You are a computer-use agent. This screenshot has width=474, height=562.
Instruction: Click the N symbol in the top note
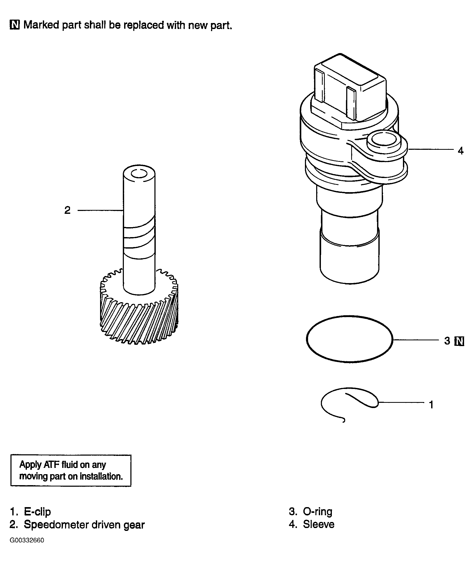click(x=15, y=25)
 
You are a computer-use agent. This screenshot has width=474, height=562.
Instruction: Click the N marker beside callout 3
click(x=459, y=341)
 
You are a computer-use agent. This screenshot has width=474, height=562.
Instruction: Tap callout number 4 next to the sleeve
click(x=461, y=151)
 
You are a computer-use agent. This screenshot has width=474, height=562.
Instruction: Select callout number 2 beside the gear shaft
click(x=67, y=210)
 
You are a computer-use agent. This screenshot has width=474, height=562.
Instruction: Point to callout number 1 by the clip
click(x=431, y=404)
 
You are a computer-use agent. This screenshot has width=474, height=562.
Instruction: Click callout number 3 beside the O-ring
click(x=447, y=341)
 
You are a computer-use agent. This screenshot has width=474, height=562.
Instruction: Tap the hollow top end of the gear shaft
click(x=139, y=174)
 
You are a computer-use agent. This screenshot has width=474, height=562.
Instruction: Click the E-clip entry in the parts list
click(x=30, y=512)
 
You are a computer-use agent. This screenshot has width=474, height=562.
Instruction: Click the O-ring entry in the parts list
click(x=311, y=511)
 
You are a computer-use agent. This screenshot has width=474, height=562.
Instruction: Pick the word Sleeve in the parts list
click(x=319, y=524)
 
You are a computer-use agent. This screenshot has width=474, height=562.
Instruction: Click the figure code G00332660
click(x=27, y=541)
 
